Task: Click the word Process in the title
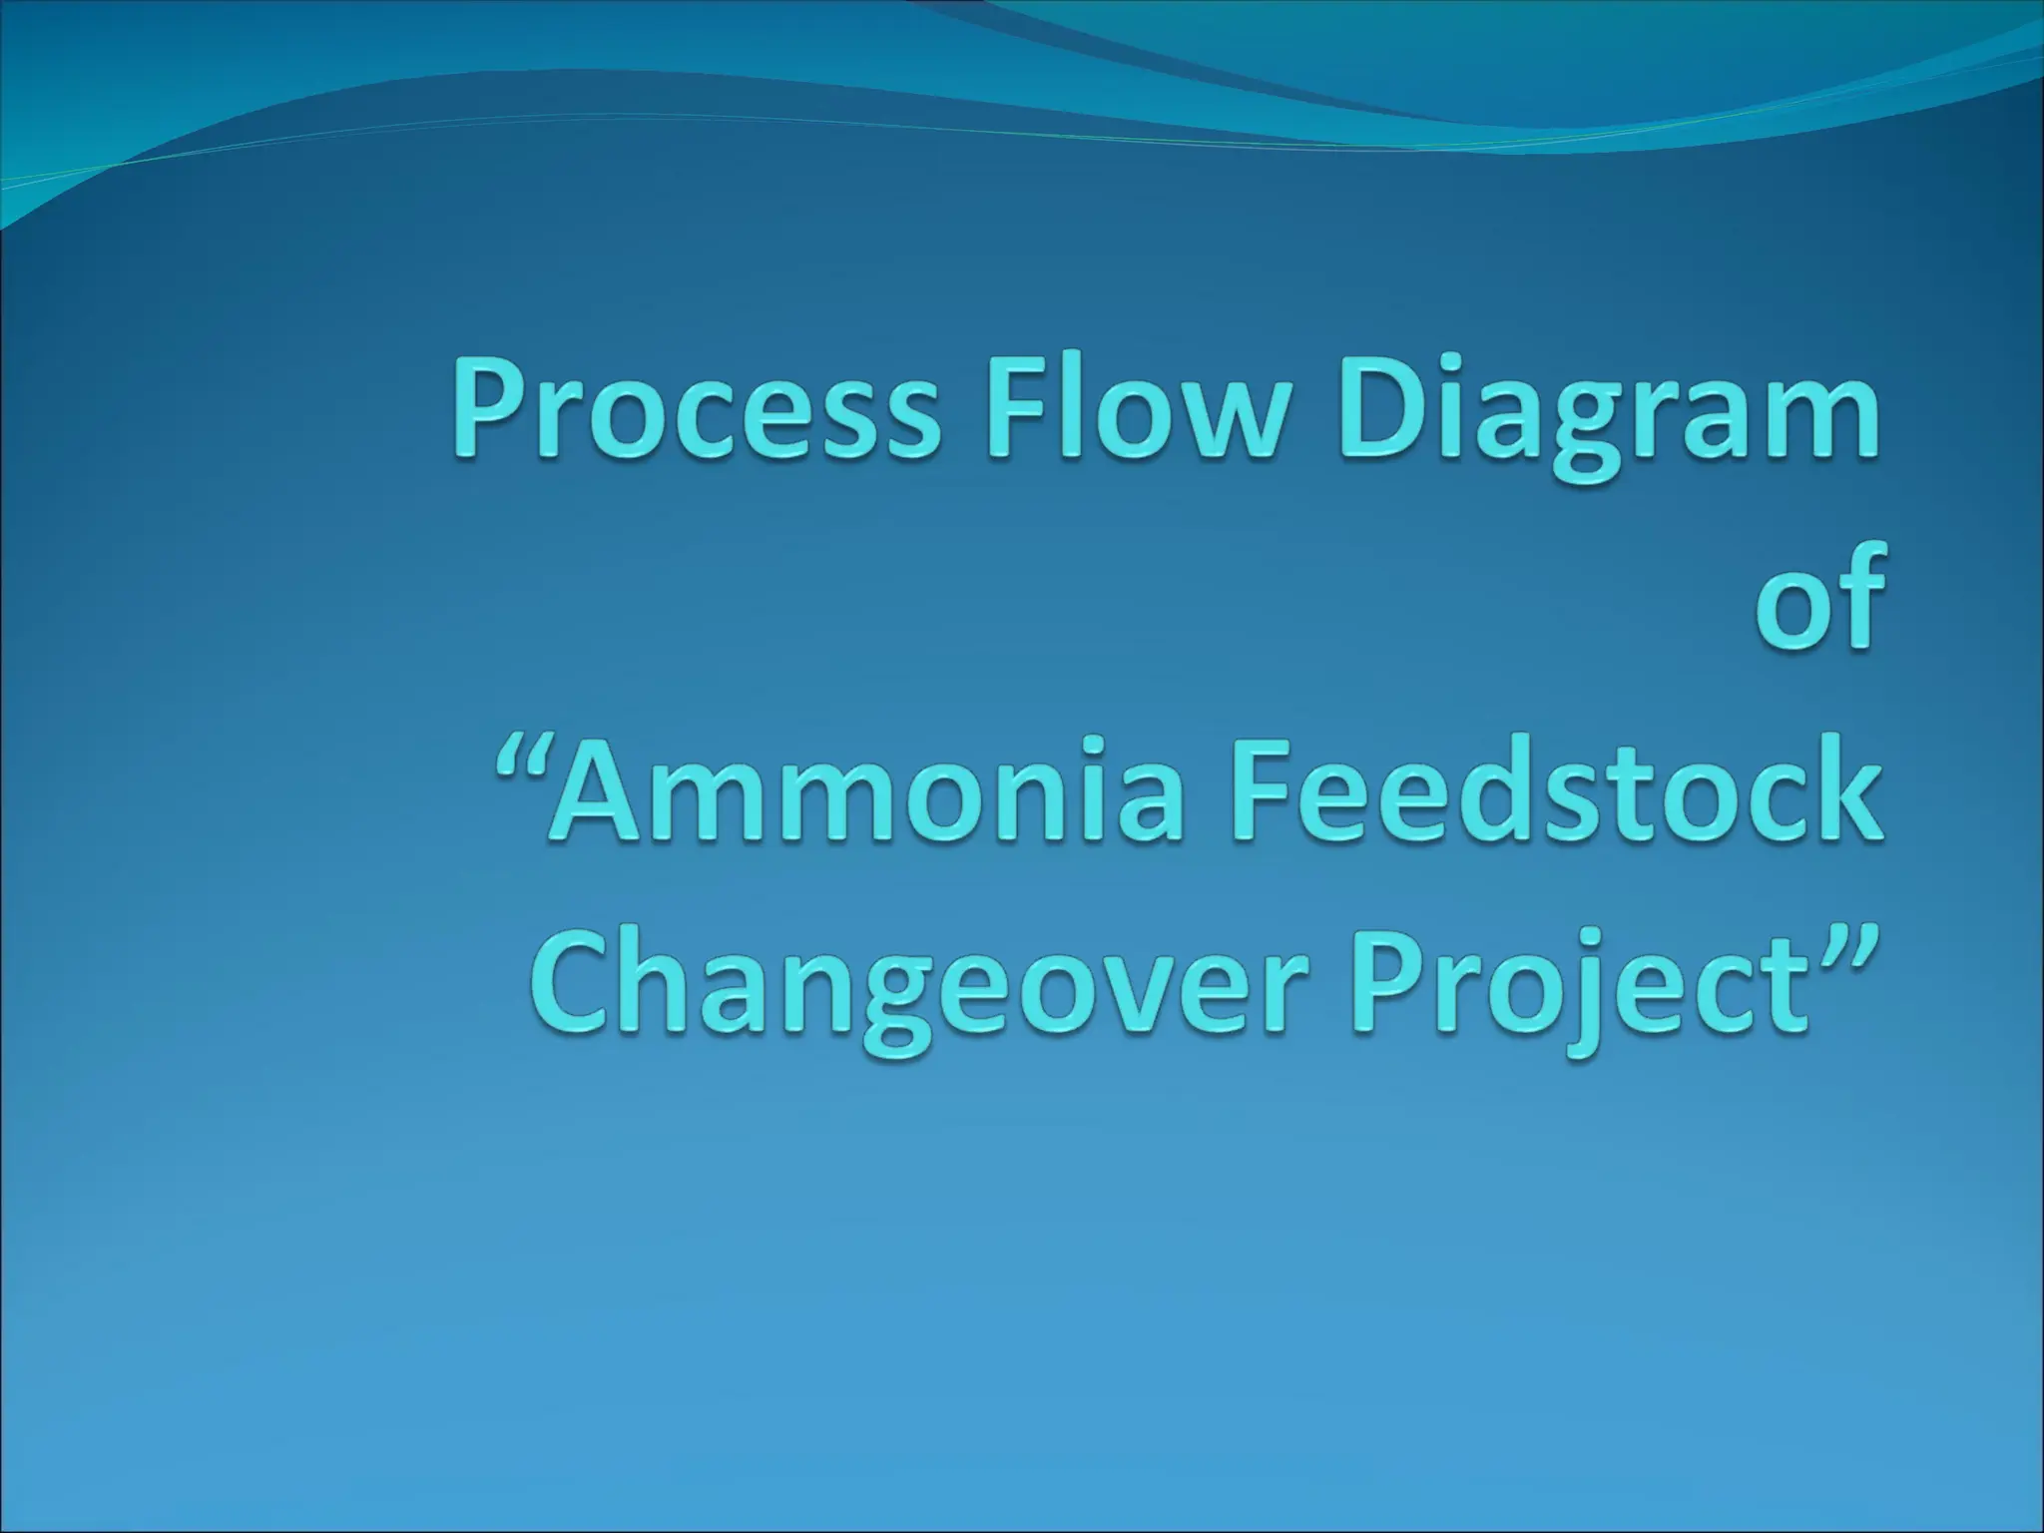click(694, 414)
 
